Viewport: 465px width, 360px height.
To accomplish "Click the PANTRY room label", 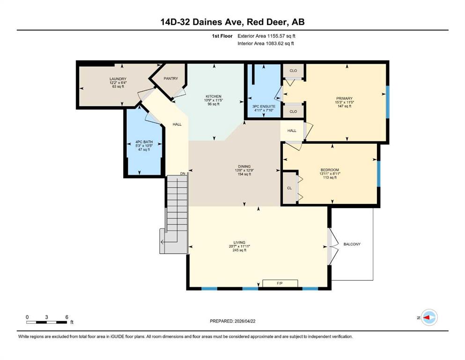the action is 171,78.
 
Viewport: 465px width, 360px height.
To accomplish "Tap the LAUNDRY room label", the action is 118,79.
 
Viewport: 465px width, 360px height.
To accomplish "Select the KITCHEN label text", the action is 214,97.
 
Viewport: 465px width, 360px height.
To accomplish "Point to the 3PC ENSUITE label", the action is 264,106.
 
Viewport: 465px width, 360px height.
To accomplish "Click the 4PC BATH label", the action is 144,142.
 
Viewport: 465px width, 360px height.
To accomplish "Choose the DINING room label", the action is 244,166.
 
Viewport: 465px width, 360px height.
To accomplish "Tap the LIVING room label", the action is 239,242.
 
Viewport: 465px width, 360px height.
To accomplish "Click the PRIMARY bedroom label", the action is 344,98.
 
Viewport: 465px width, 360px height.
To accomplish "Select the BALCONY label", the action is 352,244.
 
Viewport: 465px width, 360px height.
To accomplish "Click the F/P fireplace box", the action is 280,283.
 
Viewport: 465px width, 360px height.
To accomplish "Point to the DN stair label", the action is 183,173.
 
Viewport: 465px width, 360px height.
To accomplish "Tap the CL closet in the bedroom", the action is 289,188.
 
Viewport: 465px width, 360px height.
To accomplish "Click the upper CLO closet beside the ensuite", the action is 293,71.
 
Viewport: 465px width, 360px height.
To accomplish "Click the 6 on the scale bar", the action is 66,317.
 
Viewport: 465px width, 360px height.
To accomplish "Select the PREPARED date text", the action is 232,321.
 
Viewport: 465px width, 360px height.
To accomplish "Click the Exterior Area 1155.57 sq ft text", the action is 266,36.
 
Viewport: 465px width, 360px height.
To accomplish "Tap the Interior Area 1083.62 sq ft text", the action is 266,43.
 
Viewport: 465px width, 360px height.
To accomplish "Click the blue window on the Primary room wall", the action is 387,102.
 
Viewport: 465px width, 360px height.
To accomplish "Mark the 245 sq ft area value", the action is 239,250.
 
